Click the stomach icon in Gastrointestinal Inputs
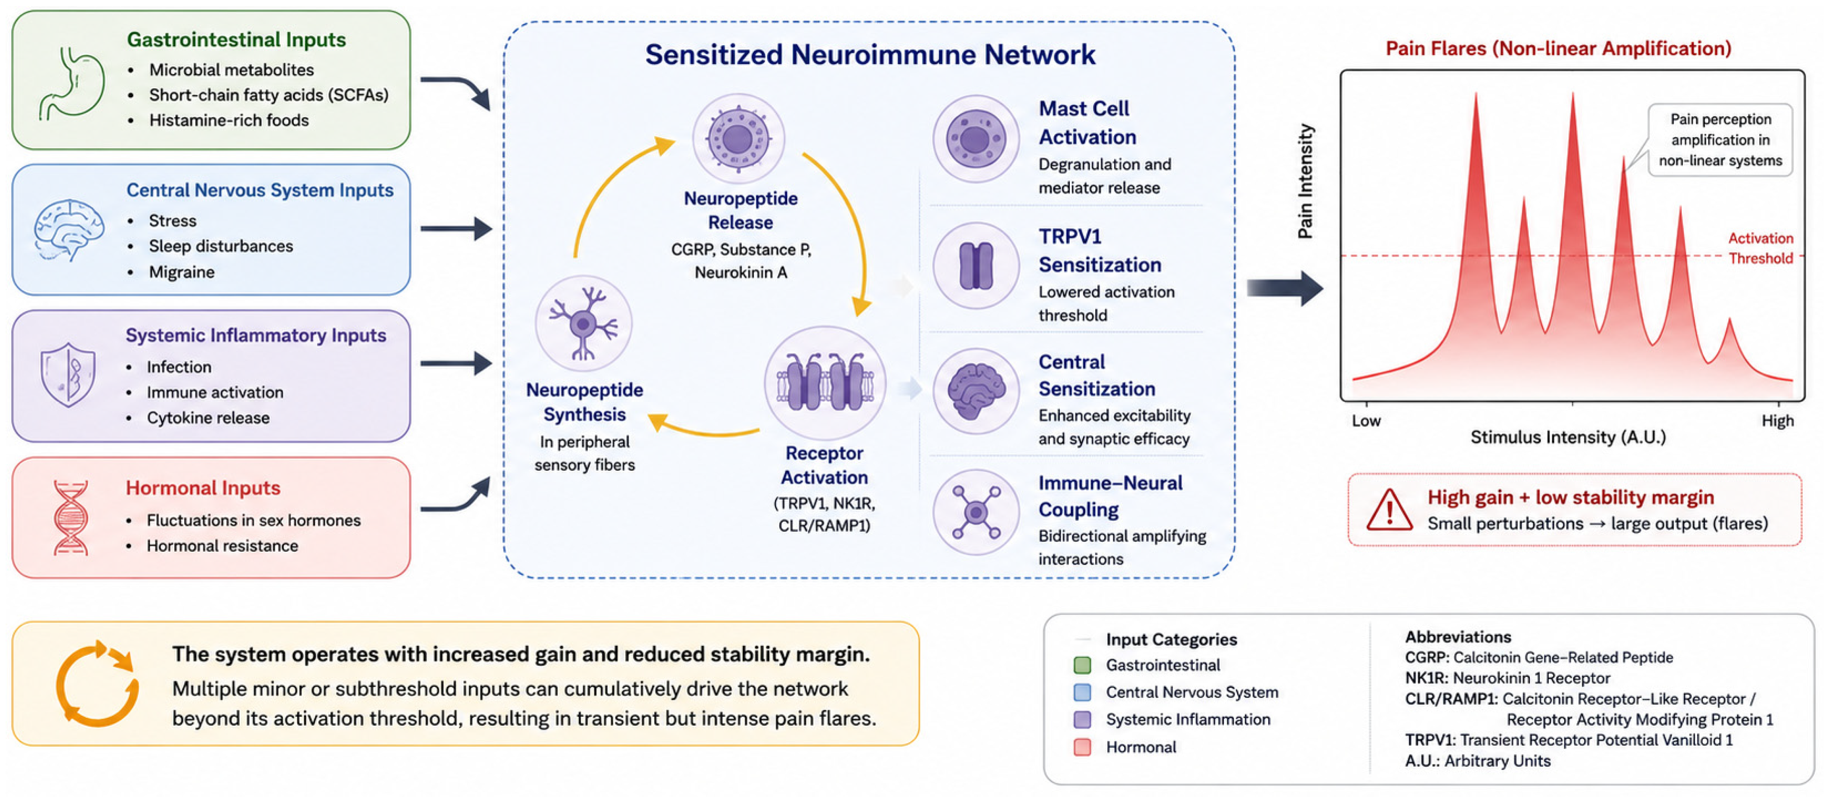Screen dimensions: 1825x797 click(71, 83)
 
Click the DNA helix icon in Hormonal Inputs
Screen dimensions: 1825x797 click(71, 517)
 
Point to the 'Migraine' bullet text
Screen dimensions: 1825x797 click(181, 272)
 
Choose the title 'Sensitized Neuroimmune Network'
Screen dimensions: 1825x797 click(870, 55)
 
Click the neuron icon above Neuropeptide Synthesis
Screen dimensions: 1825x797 click(583, 323)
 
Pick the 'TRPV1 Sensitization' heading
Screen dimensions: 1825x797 click(1099, 250)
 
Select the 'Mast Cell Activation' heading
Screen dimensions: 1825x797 click(1087, 123)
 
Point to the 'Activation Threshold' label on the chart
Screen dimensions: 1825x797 click(1760, 248)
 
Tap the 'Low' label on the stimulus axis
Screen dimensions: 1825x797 click(1366, 421)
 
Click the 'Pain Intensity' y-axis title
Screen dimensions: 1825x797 click(1305, 181)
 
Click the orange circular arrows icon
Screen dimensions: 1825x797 click(97, 684)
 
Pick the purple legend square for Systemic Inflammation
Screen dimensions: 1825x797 click(1082, 720)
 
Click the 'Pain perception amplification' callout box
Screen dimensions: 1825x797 click(1720, 139)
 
